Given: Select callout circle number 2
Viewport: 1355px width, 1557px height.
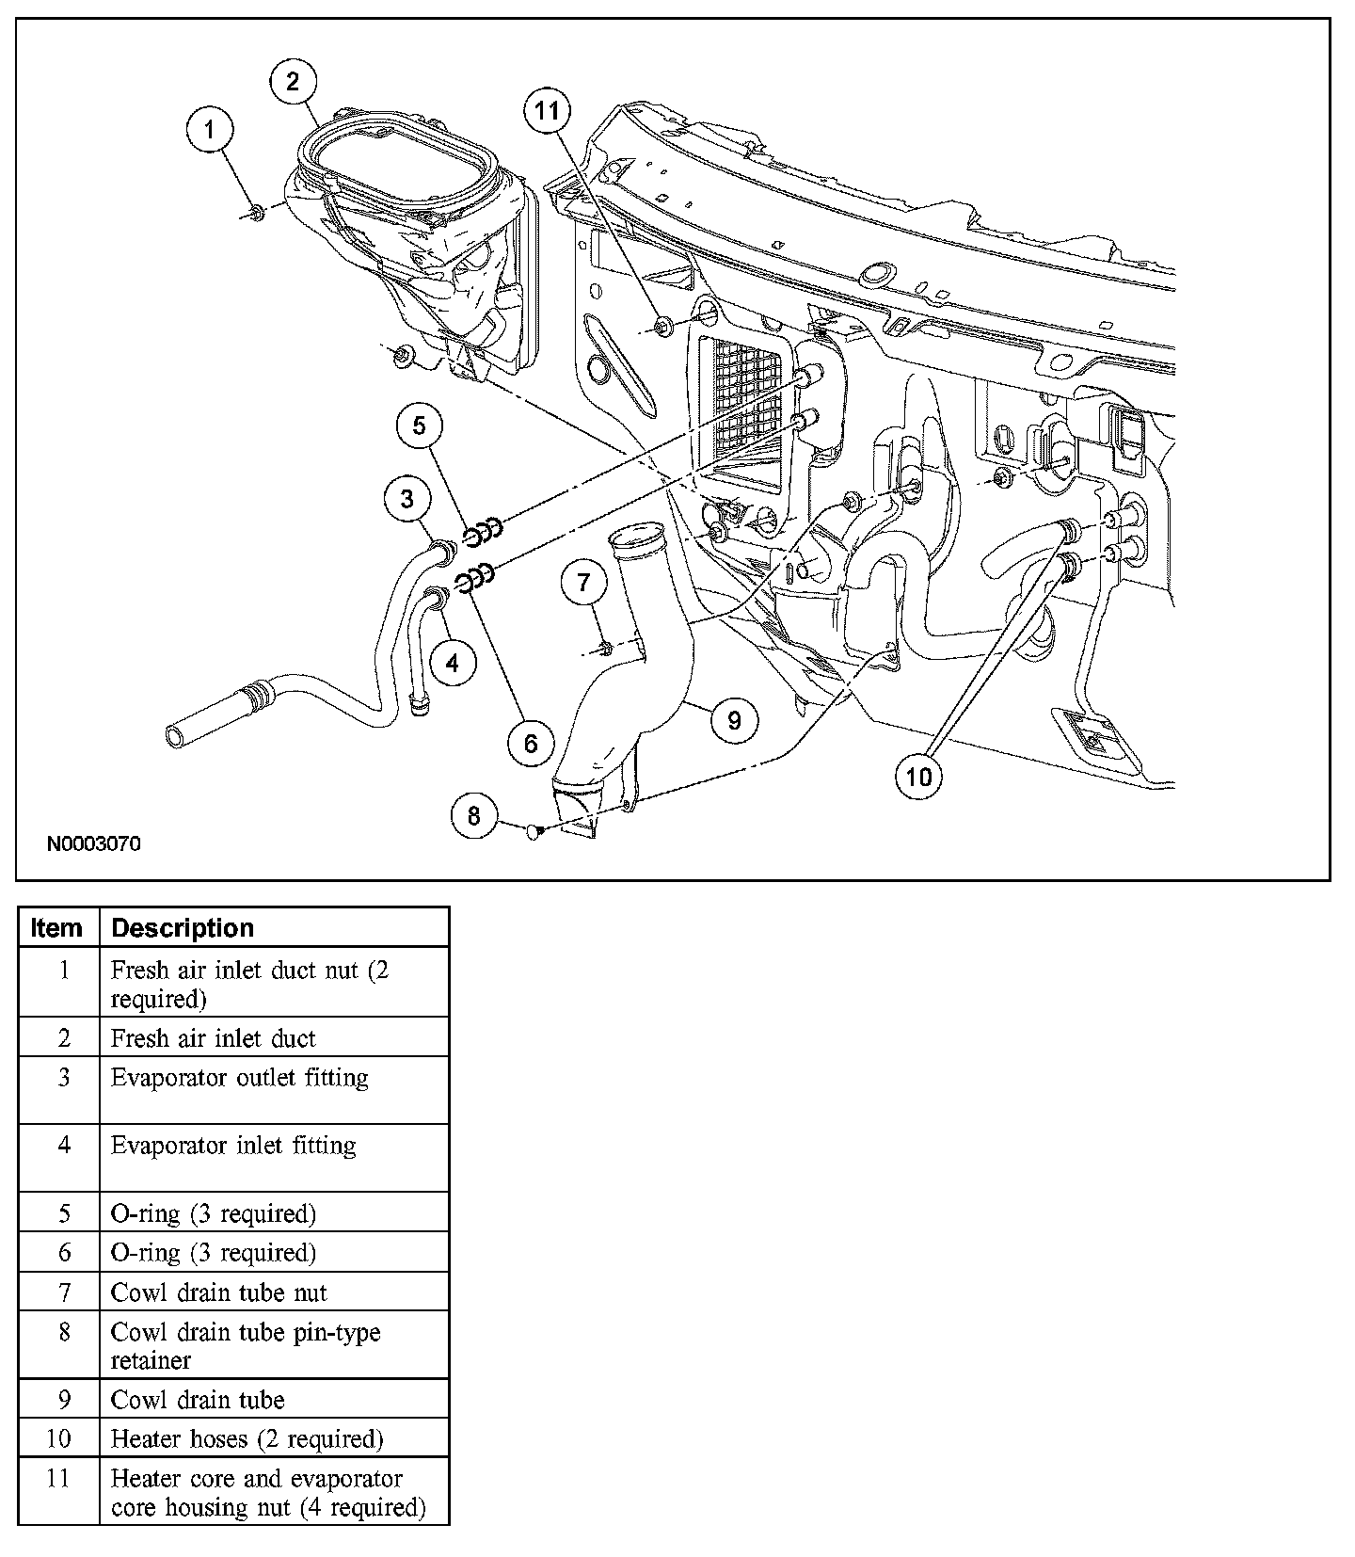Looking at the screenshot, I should (293, 82).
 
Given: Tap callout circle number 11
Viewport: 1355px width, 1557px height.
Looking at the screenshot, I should (547, 111).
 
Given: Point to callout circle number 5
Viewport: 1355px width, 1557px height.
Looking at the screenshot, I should (419, 426).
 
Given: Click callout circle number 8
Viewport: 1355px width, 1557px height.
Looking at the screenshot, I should (473, 815).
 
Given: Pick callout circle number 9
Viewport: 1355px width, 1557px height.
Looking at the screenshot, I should (734, 721).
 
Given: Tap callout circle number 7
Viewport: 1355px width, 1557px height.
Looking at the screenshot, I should (584, 583).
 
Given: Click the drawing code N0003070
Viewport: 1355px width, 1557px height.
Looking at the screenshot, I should (94, 844).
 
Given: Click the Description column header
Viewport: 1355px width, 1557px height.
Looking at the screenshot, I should (183, 928).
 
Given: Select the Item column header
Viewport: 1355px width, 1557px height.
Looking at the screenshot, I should (56, 928).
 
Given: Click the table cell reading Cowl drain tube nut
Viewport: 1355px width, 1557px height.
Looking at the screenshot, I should (219, 1292).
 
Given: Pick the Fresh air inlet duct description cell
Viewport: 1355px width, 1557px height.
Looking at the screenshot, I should (214, 1038).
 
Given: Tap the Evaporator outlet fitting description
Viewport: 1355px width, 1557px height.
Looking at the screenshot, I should (240, 1078).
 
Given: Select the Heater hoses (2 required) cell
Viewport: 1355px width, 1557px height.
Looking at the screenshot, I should (247, 1439).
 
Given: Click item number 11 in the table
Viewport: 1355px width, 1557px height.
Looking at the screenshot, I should (58, 1479).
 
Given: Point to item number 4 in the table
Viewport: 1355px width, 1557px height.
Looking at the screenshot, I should (64, 1147).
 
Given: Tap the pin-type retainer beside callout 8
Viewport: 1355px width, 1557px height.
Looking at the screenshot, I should (534, 831).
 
